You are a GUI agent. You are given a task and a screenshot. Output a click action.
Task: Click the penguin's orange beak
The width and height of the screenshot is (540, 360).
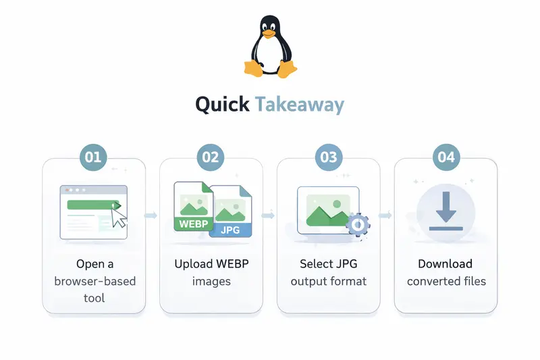[269, 32]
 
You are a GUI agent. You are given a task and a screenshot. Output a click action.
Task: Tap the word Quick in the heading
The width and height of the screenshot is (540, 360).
[222, 105]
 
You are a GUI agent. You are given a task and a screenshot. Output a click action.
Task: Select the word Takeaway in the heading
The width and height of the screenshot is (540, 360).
[300, 105]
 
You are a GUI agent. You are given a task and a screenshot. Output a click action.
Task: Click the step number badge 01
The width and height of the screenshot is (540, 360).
[93, 157]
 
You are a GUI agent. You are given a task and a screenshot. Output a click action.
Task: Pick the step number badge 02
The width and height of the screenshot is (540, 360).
[211, 157]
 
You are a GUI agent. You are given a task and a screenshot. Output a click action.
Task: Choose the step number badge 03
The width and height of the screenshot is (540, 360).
[329, 157]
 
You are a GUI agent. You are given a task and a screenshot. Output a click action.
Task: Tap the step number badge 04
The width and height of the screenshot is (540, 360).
[446, 157]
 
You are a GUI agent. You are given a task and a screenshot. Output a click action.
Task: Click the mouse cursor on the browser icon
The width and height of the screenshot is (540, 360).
[119, 217]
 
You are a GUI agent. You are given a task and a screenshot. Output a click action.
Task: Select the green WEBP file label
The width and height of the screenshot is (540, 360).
[194, 224]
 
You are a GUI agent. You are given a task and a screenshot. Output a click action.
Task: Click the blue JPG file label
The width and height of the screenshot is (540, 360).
[230, 230]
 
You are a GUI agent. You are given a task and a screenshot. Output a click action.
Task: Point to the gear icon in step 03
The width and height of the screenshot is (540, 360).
[358, 224]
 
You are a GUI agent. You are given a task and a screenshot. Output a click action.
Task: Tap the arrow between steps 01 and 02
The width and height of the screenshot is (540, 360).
[152, 215]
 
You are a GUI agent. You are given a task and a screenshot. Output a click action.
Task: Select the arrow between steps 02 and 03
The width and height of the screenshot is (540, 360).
[269, 215]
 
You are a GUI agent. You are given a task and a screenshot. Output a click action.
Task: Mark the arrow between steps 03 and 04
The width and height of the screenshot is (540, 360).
[387, 215]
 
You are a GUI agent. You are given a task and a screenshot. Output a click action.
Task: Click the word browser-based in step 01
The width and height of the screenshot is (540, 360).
[94, 281]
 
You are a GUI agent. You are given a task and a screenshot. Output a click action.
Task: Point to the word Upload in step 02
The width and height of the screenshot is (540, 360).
[193, 264]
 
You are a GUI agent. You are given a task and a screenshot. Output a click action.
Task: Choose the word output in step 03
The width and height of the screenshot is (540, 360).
[308, 281]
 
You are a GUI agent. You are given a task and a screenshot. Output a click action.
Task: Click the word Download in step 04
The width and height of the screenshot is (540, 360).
[446, 264]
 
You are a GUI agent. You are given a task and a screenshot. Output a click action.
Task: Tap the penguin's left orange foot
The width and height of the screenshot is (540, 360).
[253, 68]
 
